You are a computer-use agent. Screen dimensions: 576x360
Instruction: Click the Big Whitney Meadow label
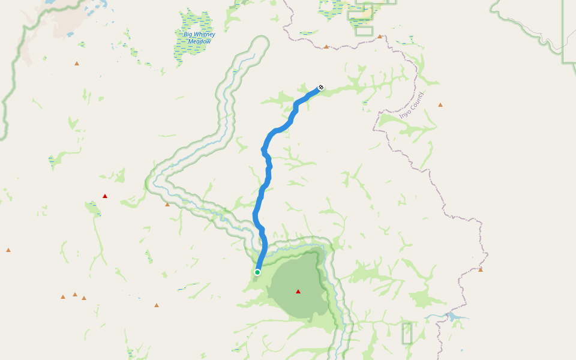[199, 38]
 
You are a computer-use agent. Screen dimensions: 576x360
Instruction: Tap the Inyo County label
[412, 105]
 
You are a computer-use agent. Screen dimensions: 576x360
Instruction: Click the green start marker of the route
[257, 272]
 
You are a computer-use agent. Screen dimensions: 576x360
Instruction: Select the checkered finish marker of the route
[321, 88]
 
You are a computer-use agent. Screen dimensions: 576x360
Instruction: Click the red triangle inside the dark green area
[298, 292]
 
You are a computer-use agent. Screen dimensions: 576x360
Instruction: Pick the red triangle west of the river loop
[105, 196]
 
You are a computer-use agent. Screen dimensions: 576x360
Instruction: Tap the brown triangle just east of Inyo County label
[440, 105]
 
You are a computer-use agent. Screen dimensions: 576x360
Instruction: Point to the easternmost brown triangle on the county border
[481, 269]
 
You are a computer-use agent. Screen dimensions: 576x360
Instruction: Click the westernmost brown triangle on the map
[8, 250]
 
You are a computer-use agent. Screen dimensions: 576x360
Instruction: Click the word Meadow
[199, 41]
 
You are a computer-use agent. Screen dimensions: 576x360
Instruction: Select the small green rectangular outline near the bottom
[407, 334]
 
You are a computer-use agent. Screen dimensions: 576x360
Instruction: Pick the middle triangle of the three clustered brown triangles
[75, 295]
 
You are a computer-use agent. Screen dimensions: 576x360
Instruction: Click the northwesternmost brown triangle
[77, 63]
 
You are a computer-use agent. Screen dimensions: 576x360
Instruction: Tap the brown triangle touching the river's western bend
[167, 205]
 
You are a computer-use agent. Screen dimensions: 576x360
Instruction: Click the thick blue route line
[268, 174]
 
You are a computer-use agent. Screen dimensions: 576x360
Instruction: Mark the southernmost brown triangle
[157, 305]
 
